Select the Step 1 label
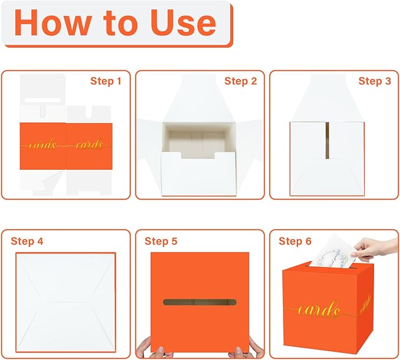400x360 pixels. click(105, 81)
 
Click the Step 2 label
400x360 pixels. click(240, 81)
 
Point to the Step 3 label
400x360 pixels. click(374, 81)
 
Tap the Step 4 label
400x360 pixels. click(27, 241)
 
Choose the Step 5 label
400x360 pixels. click(161, 241)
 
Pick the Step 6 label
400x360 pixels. click(295, 241)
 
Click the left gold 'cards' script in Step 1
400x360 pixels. click(42, 143)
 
